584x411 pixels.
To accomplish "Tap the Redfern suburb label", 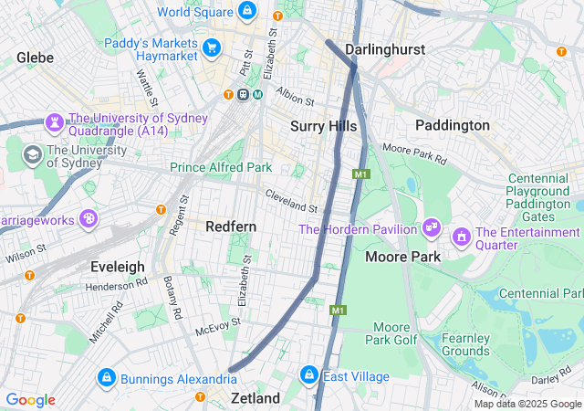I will point(231,226).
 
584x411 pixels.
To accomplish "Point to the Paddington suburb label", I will point(452,124).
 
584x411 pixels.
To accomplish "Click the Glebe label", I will point(35,58).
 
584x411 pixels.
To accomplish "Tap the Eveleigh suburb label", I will point(117,266).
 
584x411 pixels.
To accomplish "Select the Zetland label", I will point(255,398).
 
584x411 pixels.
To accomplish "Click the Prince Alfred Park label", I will point(221,167).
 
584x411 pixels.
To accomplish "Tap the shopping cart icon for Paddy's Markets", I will point(213,47).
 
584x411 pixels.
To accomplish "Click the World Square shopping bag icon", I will point(245,11).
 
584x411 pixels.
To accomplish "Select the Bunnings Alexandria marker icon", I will point(107,377).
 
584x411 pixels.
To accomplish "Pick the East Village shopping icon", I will point(308,375).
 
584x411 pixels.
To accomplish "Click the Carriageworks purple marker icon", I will point(89,218).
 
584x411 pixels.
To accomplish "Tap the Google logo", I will point(30,400).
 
